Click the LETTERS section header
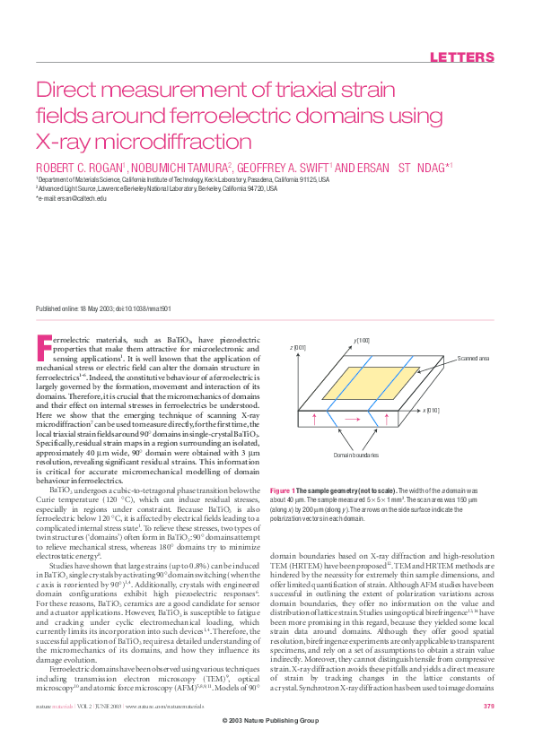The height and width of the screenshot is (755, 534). coord(462,58)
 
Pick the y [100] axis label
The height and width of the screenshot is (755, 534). coord(362,340)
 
